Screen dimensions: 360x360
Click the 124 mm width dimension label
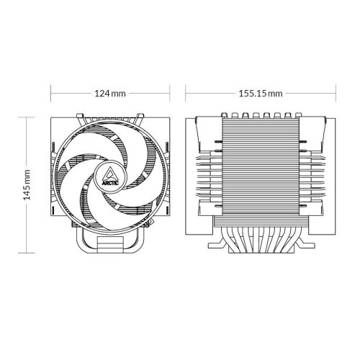(109, 94)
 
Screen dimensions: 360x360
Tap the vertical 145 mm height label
(27, 185)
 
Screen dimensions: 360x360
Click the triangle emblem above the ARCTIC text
(109, 170)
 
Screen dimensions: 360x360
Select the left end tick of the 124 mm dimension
(50, 94)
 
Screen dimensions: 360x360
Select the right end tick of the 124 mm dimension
(169, 94)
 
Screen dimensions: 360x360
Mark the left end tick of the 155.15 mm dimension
(186, 94)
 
